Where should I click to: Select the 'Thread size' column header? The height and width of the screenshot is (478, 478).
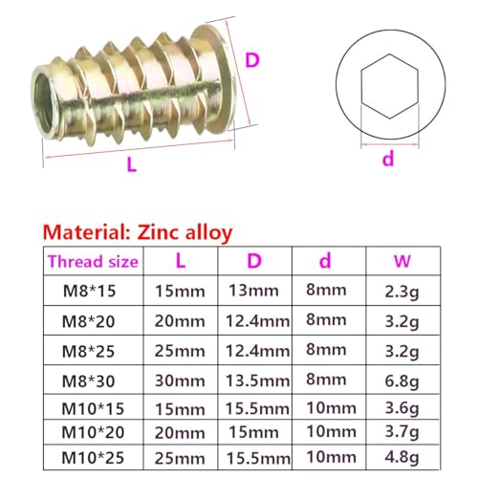tap(92, 260)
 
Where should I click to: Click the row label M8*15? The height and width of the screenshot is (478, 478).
tap(92, 289)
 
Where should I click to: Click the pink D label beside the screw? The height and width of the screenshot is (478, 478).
tap(251, 59)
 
